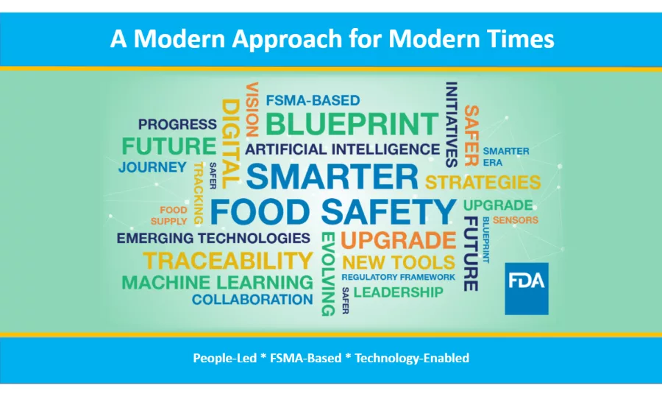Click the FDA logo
pyautogui.click(x=526, y=283)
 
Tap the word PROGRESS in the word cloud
pyautogui.click(x=177, y=124)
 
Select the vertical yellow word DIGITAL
pyautogui.click(x=230, y=143)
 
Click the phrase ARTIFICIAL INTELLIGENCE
pyautogui.click(x=342, y=149)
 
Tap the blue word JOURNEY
pyautogui.click(x=152, y=167)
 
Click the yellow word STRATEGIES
pyautogui.click(x=483, y=181)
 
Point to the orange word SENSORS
pyautogui.click(x=515, y=219)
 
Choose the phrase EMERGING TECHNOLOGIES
pyautogui.click(x=213, y=238)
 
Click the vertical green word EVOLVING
pyautogui.click(x=327, y=273)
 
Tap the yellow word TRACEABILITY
pyautogui.click(x=228, y=260)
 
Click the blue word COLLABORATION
pyautogui.click(x=252, y=300)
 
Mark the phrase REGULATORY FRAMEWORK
pyautogui.click(x=398, y=277)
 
